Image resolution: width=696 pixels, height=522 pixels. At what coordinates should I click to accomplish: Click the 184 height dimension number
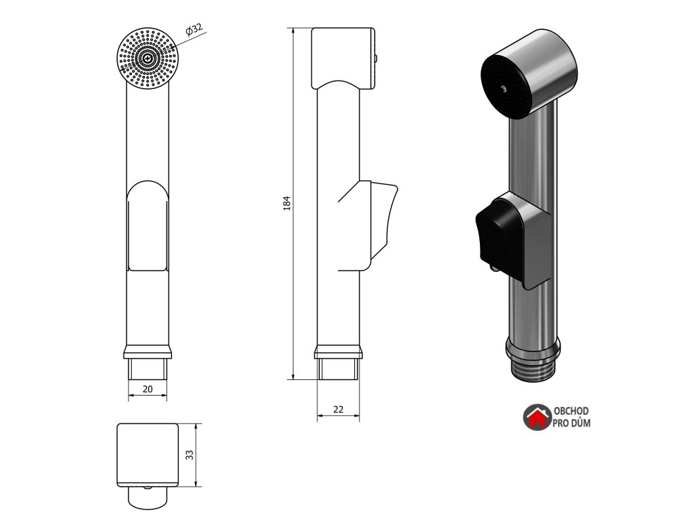(287, 203)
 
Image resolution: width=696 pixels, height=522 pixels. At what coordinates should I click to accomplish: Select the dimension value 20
(147, 388)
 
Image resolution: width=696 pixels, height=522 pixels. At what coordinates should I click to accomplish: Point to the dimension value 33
(190, 455)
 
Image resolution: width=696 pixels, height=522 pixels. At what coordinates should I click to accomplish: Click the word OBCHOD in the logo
(571, 412)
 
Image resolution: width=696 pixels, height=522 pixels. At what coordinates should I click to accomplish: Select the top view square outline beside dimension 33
(147, 454)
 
